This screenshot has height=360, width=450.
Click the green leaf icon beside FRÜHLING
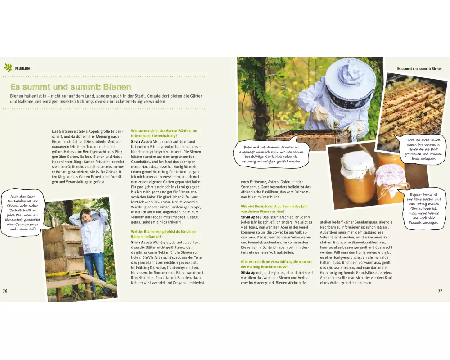8,68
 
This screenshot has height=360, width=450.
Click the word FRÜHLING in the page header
22,68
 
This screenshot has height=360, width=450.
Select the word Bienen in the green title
117,87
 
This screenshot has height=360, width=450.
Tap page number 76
5,291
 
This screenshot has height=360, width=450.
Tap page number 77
440,291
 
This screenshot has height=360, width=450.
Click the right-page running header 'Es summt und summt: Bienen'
419,69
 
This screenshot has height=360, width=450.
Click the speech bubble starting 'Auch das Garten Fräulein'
22,213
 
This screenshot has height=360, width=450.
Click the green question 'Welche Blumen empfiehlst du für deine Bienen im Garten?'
163,234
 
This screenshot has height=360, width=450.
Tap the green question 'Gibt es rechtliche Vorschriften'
276,264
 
